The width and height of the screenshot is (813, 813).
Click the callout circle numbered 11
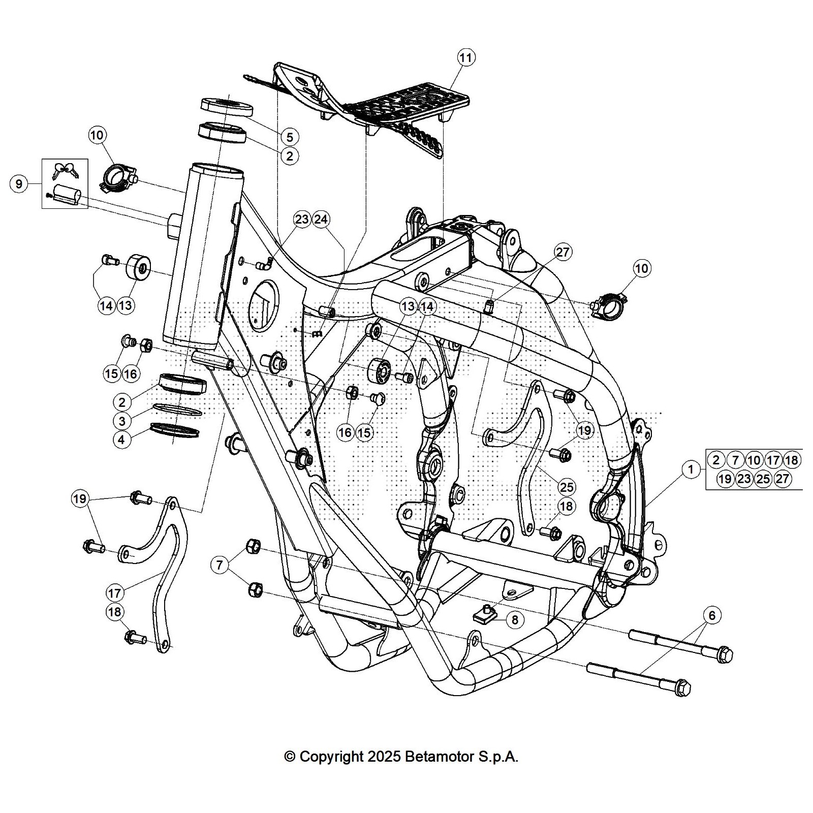tap(466, 58)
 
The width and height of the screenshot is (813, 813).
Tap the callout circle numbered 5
tap(290, 137)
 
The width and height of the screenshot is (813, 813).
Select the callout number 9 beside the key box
tap(19, 183)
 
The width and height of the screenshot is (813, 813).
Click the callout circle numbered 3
tap(122, 421)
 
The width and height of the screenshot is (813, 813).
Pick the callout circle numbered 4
tap(122, 440)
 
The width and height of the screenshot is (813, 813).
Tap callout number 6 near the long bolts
tap(712, 615)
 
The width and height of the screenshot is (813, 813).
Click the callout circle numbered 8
tap(515, 619)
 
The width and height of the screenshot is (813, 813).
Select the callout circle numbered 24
tap(321, 220)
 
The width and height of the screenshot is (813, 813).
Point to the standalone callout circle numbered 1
tap(691, 470)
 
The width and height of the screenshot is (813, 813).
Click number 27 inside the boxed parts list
tap(783, 479)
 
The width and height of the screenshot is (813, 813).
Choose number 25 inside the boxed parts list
tap(763, 479)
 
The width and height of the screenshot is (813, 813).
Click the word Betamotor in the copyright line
tap(439, 757)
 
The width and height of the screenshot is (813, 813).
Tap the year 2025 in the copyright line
tap(384, 757)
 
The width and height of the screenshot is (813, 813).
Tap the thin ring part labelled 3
tap(177, 410)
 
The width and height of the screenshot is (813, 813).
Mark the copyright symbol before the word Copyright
tap(290, 757)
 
